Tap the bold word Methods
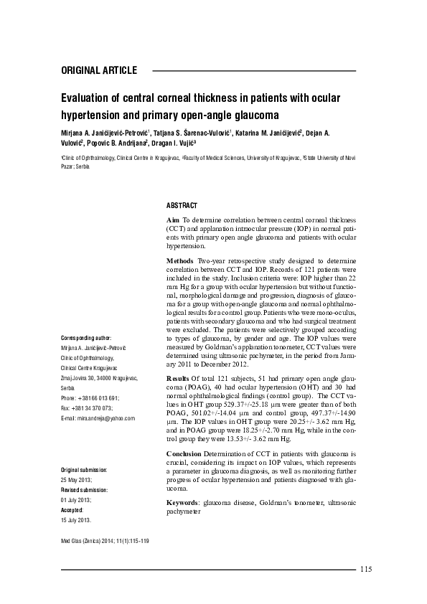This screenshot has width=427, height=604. [180, 262]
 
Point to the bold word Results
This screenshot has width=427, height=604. [178, 377]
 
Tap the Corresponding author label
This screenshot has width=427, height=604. [86, 337]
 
